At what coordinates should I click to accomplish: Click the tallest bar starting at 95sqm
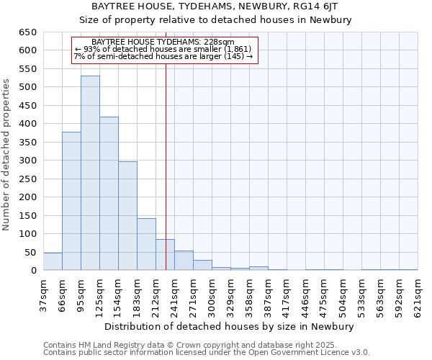(90, 173)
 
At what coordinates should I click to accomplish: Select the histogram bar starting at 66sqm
(71, 202)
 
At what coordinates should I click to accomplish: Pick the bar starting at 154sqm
(127, 216)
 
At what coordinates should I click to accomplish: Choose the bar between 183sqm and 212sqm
(146, 244)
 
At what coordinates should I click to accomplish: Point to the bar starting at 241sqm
(184, 261)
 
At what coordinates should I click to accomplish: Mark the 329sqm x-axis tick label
(230, 297)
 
